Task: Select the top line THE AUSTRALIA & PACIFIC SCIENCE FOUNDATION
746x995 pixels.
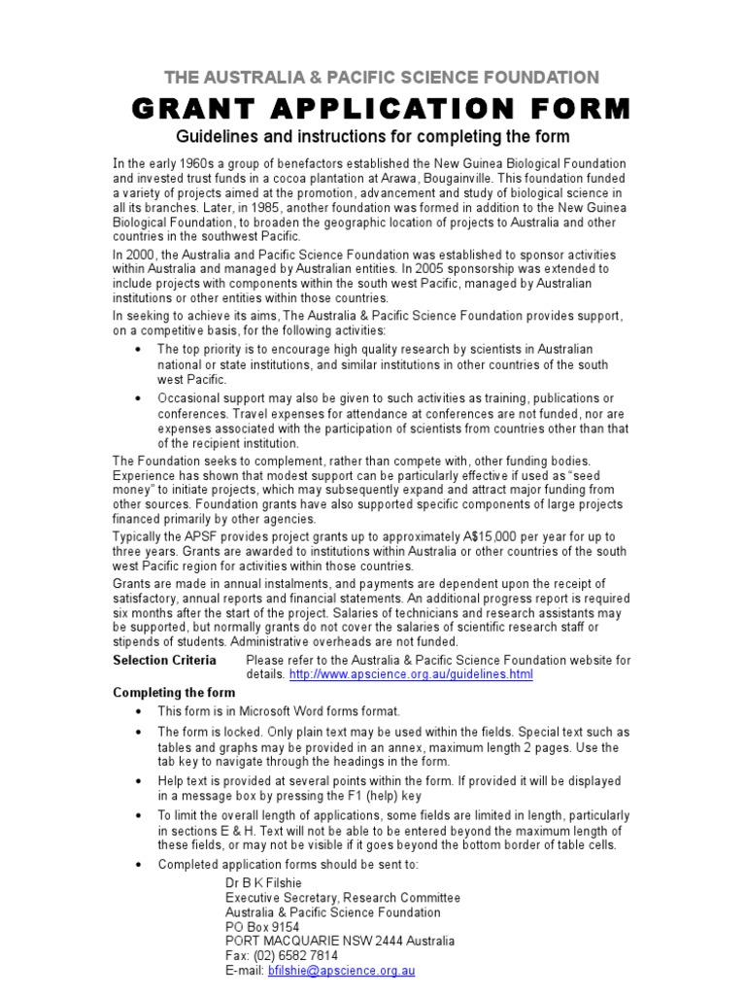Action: tap(381, 77)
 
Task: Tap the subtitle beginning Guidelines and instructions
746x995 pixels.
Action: tap(372, 136)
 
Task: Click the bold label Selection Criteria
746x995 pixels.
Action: tap(164, 660)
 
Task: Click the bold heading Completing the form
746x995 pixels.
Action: tap(174, 693)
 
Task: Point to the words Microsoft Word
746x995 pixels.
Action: tap(293, 711)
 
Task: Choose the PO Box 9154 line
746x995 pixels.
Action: tap(262, 927)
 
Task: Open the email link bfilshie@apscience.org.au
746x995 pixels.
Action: tap(341, 971)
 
